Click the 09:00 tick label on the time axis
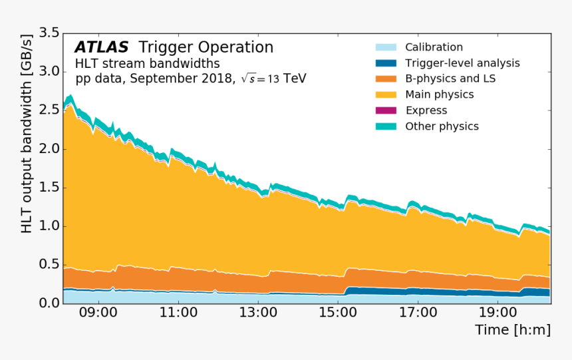[x=98, y=312]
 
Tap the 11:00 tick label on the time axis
[x=178, y=312]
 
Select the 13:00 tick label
[x=258, y=312]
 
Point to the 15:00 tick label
[x=338, y=312]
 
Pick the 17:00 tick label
[x=418, y=312]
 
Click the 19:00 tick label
[x=498, y=312]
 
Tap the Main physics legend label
[x=439, y=94]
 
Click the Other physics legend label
[x=442, y=126]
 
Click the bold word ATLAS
[x=101, y=47]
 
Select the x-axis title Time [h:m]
[x=512, y=330]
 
